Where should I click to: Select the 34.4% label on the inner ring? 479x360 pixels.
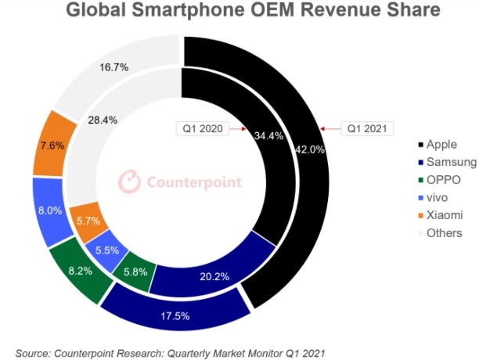pyautogui.click(x=268, y=135)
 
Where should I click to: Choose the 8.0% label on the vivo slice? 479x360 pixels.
pyautogui.click(x=49, y=211)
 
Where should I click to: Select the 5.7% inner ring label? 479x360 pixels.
pyautogui.click(x=87, y=221)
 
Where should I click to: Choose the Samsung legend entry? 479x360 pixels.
pyautogui.click(x=449, y=162)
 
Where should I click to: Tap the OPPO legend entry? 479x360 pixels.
pyautogui.click(x=443, y=180)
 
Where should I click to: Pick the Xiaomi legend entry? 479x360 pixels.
pyautogui.click(x=445, y=214)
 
